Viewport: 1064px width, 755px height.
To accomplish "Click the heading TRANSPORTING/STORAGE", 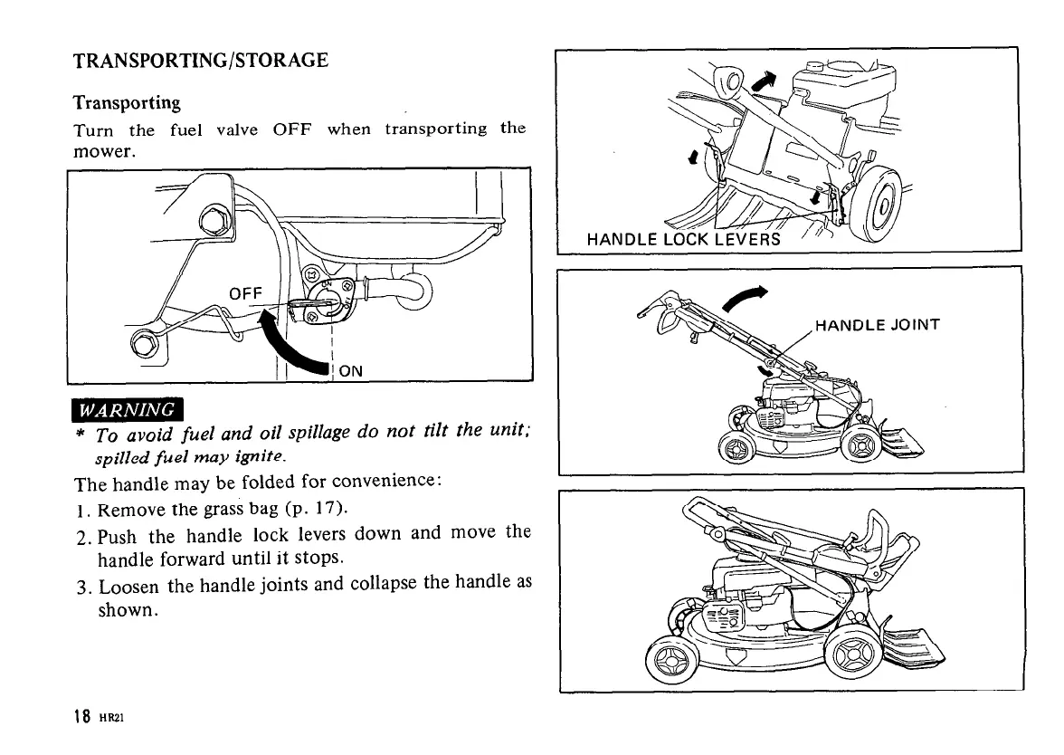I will click(x=200, y=62).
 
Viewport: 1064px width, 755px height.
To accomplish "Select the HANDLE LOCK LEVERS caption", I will click(x=683, y=240).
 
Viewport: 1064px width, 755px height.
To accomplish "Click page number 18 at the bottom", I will click(x=81, y=717).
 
